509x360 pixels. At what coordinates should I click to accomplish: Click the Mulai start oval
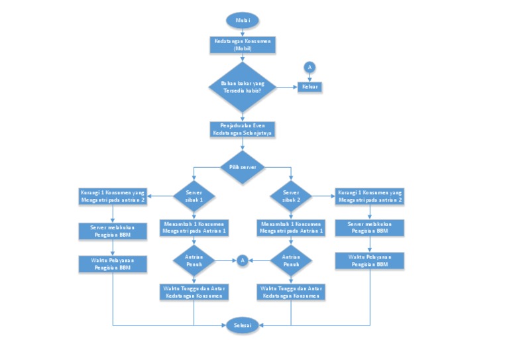[242, 20]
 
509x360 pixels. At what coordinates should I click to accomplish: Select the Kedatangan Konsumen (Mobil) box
[242, 45]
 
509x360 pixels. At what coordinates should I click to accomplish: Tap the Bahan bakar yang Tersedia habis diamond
[242, 87]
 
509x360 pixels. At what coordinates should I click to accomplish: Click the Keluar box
[310, 87]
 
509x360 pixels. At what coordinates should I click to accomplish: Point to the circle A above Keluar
[309, 66]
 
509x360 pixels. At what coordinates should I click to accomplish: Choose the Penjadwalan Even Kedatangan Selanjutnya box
[242, 129]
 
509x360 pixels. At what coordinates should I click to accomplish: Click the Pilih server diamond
[242, 167]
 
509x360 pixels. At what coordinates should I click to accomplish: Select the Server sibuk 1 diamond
[194, 196]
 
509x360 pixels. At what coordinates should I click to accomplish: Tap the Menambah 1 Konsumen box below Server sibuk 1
[194, 227]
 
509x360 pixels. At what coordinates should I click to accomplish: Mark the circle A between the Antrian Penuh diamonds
[243, 261]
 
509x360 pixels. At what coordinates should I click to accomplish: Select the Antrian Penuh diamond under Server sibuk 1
[194, 261]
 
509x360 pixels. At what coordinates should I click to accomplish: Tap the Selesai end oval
[242, 325]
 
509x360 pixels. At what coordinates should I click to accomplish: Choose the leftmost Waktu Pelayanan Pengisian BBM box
[113, 264]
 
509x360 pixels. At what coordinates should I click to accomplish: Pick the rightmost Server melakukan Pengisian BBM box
[369, 228]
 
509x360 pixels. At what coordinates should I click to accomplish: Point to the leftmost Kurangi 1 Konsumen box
[113, 196]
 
